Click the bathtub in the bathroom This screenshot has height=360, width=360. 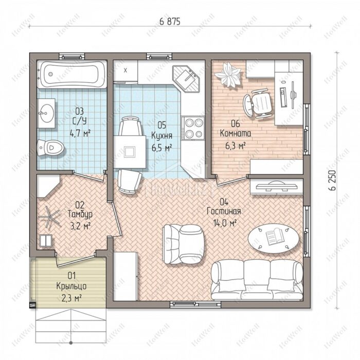pos(72,74)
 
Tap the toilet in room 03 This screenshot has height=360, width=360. pos(50,148)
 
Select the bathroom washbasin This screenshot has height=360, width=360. pos(46,113)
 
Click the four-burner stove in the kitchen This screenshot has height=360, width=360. pos(193,128)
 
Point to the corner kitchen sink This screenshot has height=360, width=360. pos(186,79)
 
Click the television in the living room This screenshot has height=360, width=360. pos(277,186)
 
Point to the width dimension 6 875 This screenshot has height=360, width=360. pos(170,22)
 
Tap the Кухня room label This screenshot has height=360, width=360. pos(161,136)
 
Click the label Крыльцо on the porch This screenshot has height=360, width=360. pos(71,286)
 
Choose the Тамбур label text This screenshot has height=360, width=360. pos(80,214)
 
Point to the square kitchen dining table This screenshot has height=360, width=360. pos(130,152)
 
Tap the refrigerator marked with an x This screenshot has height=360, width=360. pos(125,71)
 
